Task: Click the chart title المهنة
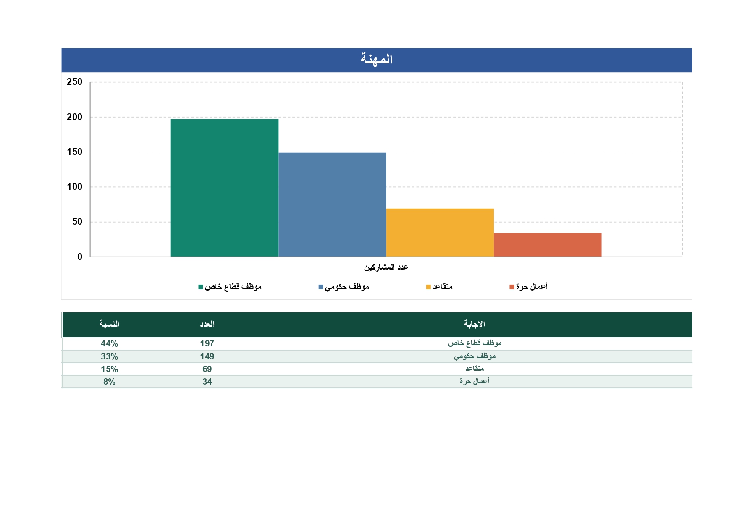376,59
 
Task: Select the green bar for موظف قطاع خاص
225,188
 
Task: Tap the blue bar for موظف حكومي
332,204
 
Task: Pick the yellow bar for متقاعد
440,233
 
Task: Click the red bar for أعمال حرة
548,245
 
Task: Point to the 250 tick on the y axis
74,82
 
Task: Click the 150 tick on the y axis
74,152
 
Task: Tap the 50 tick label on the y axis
77,222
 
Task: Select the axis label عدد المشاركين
386,267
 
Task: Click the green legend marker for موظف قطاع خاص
201,287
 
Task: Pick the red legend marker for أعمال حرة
512,287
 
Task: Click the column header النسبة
109,324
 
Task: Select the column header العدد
207,324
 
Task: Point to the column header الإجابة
475,324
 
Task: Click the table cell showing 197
207,343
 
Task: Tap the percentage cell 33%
109,356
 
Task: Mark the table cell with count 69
207,369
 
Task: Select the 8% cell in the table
109,382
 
